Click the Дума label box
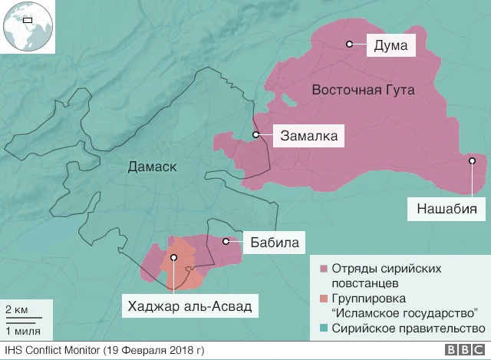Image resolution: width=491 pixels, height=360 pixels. tap(390, 45)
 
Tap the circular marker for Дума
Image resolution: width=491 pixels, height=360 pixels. tap(349, 45)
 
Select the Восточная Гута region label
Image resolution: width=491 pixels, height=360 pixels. tap(363, 91)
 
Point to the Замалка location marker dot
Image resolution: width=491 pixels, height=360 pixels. tap(256, 136)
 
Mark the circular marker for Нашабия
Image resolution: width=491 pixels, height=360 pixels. tap(473, 161)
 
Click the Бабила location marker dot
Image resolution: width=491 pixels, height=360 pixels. tap(226, 242)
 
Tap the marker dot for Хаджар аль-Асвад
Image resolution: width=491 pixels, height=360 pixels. tap(174, 259)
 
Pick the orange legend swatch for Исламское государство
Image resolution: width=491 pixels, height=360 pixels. tap(325, 299)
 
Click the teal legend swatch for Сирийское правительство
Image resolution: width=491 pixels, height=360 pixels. tap(325, 328)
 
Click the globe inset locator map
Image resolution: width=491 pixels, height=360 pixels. tap(26, 26)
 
